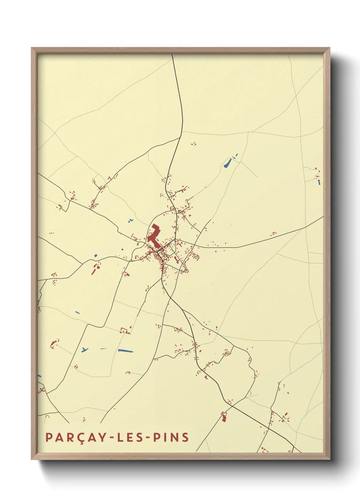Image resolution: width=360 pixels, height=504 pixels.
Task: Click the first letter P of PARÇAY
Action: [49, 437]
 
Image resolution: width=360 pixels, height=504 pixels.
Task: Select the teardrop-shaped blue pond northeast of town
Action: [227, 164]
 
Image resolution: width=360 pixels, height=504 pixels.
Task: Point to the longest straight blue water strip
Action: [125, 350]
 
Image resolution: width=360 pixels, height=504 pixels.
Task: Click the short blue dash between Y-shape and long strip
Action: [103, 348]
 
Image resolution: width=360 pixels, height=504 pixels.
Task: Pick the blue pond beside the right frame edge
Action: [319, 182]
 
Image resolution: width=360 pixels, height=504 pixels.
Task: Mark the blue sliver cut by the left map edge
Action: [39, 376]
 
